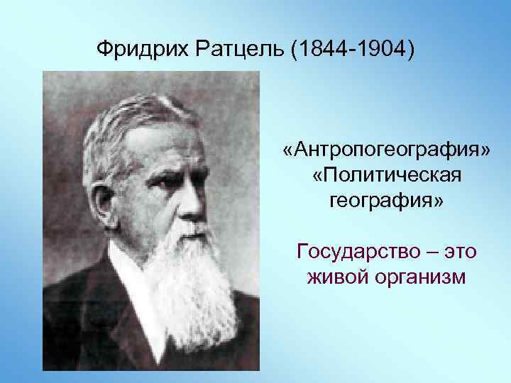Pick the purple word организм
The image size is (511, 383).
[x=422, y=277]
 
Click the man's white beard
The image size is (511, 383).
[x=195, y=284]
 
